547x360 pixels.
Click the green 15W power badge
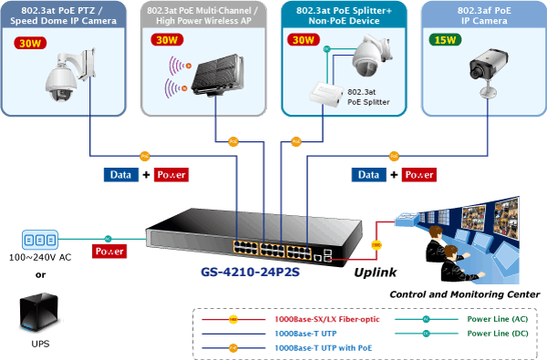(445, 40)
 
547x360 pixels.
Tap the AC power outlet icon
(40, 240)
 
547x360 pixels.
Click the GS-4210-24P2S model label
(250, 272)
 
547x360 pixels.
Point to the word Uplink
(376, 273)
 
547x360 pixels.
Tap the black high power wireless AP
(218, 75)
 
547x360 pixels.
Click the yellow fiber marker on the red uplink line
(377, 245)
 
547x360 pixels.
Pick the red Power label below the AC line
(109, 252)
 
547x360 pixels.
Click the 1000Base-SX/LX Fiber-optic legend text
(327, 319)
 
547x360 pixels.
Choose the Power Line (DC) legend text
(498, 334)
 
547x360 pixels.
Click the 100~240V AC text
(40, 257)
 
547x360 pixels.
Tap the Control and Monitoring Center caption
(465, 294)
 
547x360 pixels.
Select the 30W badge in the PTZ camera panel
(30, 43)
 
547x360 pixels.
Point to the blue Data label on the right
(368, 175)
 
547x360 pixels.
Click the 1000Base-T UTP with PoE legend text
(324, 348)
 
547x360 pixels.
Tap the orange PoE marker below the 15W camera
(394, 156)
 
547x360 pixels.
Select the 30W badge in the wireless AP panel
(167, 40)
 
